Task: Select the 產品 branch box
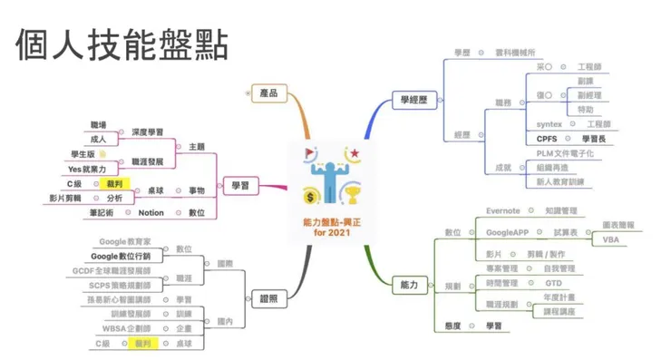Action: tap(267, 92)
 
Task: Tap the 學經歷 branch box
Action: tap(411, 99)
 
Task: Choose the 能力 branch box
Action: tap(409, 285)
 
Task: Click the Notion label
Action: tap(151, 212)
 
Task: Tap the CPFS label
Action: tap(547, 139)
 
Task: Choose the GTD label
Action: tap(553, 283)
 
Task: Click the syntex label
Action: tap(549, 124)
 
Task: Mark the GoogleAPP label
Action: tap(507, 233)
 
